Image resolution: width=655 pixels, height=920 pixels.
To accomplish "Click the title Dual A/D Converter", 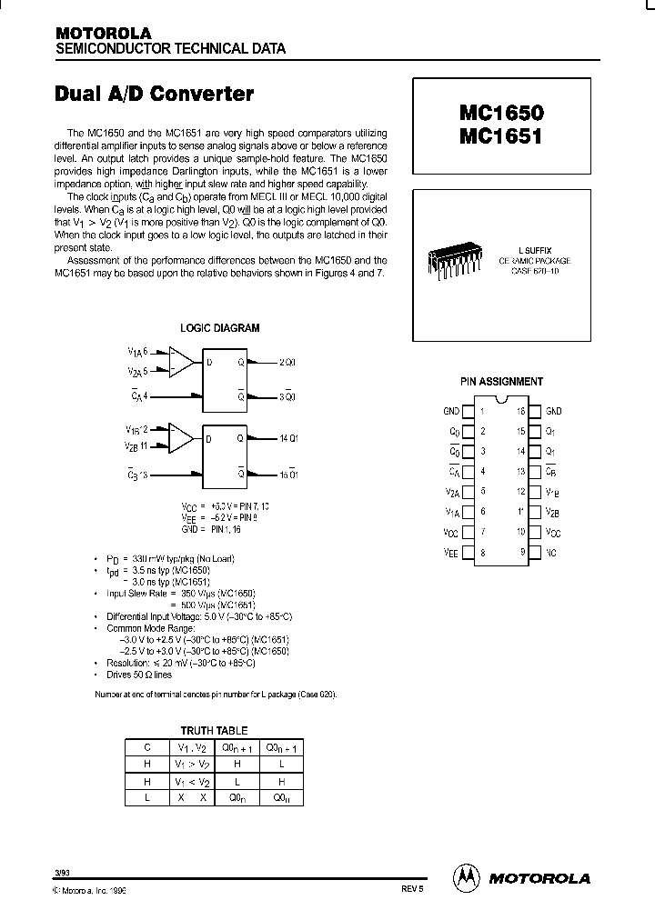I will [x=155, y=94].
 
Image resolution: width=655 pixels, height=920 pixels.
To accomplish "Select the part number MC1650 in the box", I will [x=500, y=115].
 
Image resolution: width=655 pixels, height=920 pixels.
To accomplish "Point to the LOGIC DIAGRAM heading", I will [x=219, y=328].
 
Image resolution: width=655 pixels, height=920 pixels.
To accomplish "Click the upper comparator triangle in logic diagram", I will [x=185, y=363].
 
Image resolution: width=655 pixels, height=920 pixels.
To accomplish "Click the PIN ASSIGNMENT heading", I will [x=501, y=382].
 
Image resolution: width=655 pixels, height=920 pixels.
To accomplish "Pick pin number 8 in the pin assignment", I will [x=482, y=552].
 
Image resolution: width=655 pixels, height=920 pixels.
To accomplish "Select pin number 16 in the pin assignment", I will [x=521, y=411].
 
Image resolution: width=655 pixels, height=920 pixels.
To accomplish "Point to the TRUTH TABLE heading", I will [x=214, y=731].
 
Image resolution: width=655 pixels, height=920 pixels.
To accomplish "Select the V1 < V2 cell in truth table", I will [x=192, y=781].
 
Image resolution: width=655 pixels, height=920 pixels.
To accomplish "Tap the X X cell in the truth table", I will [x=192, y=797].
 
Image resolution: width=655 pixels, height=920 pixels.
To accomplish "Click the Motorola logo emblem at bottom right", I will [x=465, y=878].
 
